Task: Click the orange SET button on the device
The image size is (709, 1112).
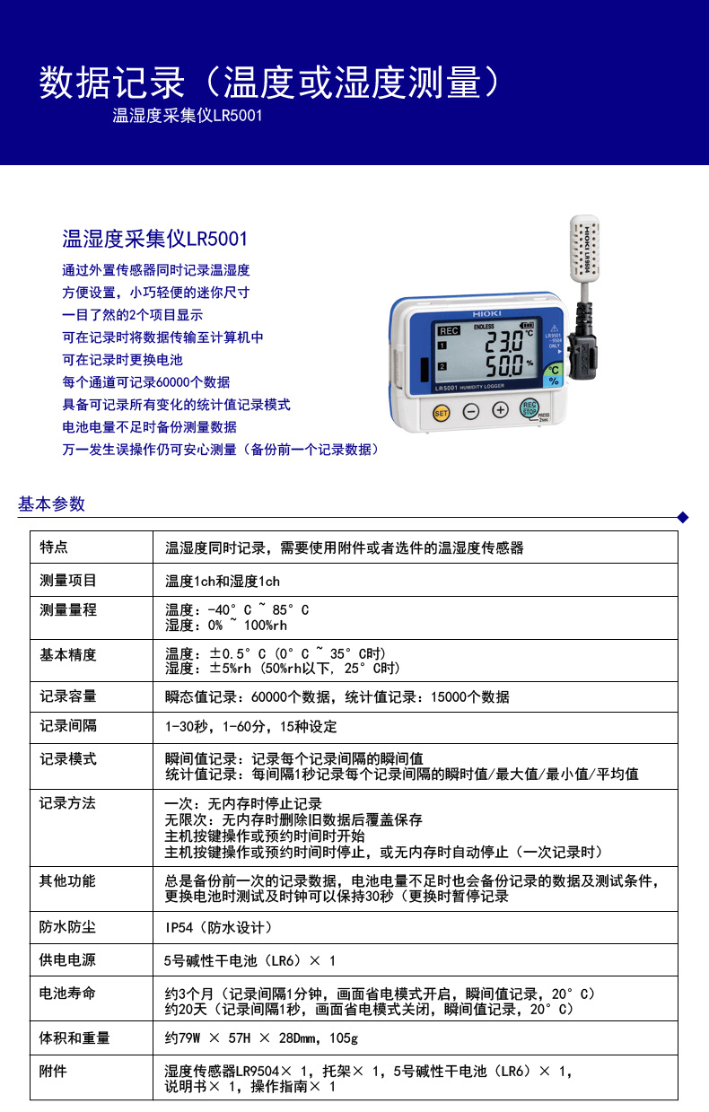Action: [x=441, y=413]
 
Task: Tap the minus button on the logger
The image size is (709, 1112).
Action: [x=470, y=412]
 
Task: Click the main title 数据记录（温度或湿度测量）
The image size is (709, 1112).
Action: [x=268, y=83]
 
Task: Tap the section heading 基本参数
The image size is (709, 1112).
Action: [x=51, y=504]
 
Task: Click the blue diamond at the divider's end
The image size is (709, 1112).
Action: [x=682, y=517]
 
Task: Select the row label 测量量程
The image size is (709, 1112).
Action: [x=68, y=610]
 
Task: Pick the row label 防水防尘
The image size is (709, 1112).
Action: [x=68, y=927]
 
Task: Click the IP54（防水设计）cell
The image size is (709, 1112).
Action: [x=218, y=927]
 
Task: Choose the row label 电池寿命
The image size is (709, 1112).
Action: [x=68, y=994]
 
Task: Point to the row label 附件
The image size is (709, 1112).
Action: [x=53, y=1071]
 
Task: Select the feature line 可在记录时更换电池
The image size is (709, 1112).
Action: [x=122, y=359]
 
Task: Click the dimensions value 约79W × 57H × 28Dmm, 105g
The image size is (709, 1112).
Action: [x=261, y=1038]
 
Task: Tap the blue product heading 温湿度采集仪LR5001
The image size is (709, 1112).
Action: [x=154, y=239]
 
